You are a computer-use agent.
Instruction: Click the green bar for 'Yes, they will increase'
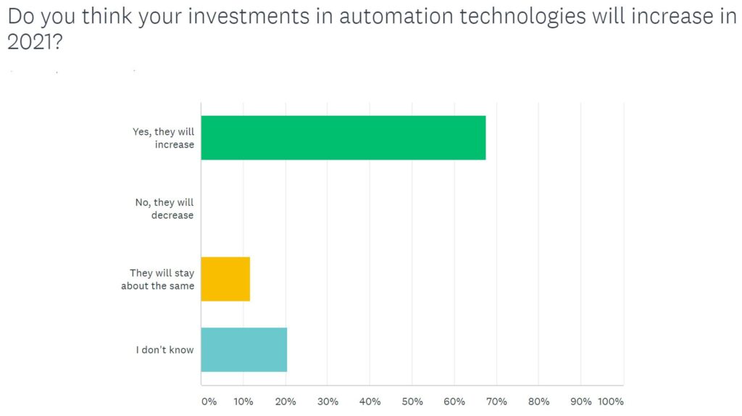click(x=343, y=138)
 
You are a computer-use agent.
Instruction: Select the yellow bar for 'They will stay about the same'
click(x=225, y=279)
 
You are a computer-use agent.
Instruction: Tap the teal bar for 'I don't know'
click(x=243, y=349)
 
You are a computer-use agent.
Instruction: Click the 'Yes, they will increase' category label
click(x=164, y=138)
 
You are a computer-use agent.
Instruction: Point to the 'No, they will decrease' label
click(x=164, y=209)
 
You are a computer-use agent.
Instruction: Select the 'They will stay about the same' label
click(x=157, y=279)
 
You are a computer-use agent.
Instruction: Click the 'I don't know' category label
click(x=165, y=350)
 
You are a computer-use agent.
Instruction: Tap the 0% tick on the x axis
click(x=209, y=402)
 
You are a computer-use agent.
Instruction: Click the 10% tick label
click(x=243, y=402)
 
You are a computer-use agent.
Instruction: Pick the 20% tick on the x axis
click(x=285, y=402)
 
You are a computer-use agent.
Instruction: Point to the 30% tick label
click(x=328, y=402)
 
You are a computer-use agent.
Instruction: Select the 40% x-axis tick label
click(x=370, y=402)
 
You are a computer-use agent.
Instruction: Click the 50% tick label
click(x=412, y=402)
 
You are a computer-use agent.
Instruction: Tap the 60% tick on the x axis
click(x=454, y=402)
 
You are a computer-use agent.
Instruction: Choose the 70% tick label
click(x=496, y=402)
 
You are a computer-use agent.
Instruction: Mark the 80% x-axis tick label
click(x=538, y=402)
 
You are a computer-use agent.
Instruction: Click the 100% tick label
click(x=612, y=402)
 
